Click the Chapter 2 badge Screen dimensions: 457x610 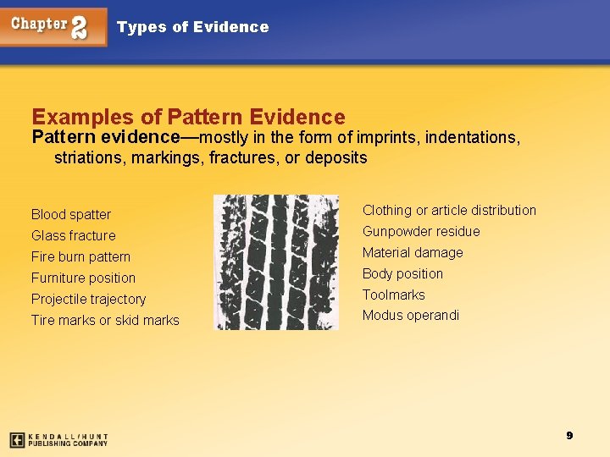pyautogui.click(x=53, y=26)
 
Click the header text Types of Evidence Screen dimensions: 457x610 pyautogui.click(x=192, y=27)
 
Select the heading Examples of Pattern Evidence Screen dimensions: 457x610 pyautogui.click(x=188, y=117)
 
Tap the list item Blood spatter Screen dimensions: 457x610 pyautogui.click(x=71, y=215)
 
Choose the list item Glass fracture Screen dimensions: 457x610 pyautogui.click(x=74, y=236)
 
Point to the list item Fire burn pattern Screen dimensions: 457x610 pyautogui.click(x=81, y=257)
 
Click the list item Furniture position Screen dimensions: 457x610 pyautogui.click(x=83, y=278)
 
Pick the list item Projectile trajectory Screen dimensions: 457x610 pyautogui.click(x=88, y=300)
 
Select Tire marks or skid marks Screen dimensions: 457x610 pyautogui.click(x=105, y=321)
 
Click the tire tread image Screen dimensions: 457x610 pyautogui.click(x=275, y=262)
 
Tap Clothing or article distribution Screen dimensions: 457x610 pyautogui.click(x=449, y=211)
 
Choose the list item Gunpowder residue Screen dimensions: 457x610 pyautogui.click(x=421, y=232)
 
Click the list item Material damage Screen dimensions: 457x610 pyautogui.click(x=413, y=253)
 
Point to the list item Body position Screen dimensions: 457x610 pyautogui.click(x=402, y=274)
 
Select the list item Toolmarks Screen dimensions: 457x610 pyautogui.click(x=394, y=295)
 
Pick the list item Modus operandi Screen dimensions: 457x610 pyautogui.click(x=411, y=316)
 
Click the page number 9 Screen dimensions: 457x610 pyautogui.click(x=569, y=435)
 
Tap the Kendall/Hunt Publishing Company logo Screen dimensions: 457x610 pyautogui.click(x=58, y=440)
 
